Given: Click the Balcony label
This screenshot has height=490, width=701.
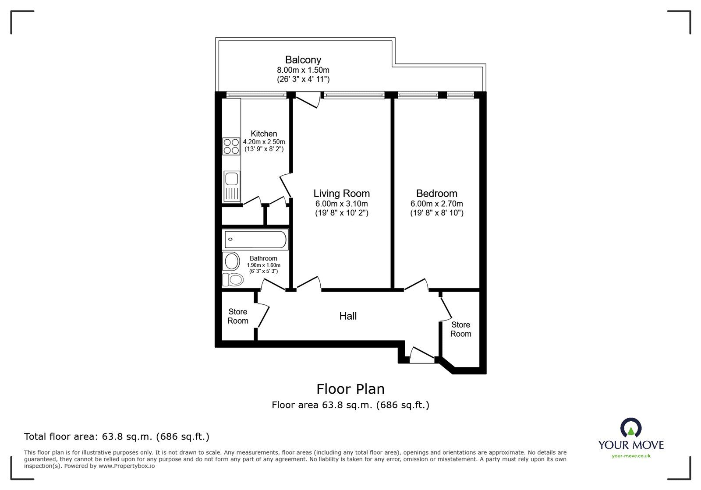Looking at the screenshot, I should pyautogui.click(x=303, y=60).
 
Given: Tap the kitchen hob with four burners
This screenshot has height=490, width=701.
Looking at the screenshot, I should pyautogui.click(x=231, y=146).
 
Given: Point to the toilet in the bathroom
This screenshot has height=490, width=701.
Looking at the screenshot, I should pyautogui.click(x=233, y=279).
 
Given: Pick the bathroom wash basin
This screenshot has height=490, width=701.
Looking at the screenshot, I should pyautogui.click(x=231, y=261).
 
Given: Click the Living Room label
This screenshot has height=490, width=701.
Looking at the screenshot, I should pyautogui.click(x=341, y=194).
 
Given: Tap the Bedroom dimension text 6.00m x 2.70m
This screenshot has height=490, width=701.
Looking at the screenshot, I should pyautogui.click(x=436, y=204).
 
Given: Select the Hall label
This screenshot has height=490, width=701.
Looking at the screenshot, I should pyautogui.click(x=348, y=316).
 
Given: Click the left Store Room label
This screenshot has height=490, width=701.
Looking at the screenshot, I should pyautogui.click(x=237, y=316).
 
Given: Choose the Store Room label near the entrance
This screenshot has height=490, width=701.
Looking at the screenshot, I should pyautogui.click(x=460, y=329).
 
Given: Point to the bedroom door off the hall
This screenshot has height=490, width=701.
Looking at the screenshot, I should pyautogui.click(x=416, y=285).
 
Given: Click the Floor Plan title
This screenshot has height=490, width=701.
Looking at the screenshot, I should pyautogui.click(x=350, y=389).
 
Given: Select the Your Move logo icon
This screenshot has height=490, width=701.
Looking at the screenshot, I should pyautogui.click(x=631, y=428).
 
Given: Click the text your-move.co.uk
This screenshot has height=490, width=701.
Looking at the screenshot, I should pyautogui.click(x=631, y=456).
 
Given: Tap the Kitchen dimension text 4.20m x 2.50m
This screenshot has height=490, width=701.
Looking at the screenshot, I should pyautogui.click(x=264, y=142).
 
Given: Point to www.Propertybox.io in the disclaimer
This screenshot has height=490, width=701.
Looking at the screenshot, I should pyautogui.click(x=127, y=466).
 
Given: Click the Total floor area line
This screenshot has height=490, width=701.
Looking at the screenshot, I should pyautogui.click(x=117, y=437).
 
